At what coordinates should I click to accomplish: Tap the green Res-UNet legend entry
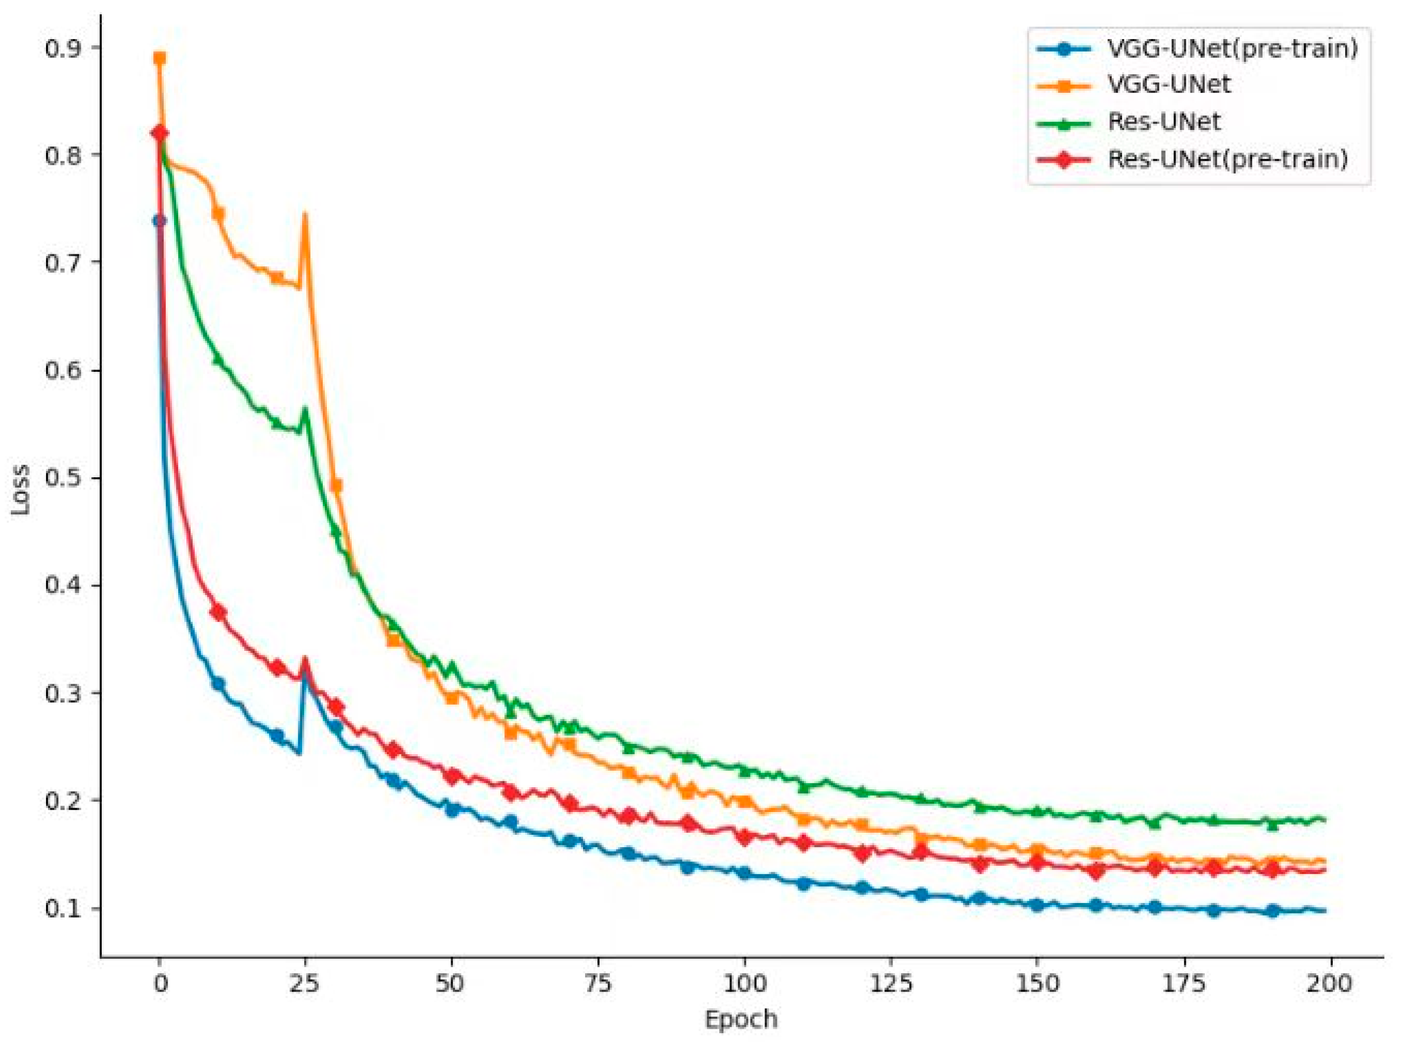click(1164, 122)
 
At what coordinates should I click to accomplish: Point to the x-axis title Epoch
click(741, 1020)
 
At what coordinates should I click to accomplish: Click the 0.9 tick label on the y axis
click(63, 48)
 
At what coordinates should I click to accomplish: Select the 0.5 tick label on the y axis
click(63, 478)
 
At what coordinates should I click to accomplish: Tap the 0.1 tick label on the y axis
click(63, 909)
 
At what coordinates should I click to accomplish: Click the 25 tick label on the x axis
click(305, 984)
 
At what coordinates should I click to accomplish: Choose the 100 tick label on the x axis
click(744, 984)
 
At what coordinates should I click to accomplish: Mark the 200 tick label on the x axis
click(1331, 984)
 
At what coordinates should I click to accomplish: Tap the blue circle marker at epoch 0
click(159, 220)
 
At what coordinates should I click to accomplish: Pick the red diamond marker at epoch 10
click(218, 612)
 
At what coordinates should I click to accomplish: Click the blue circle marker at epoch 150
click(1037, 905)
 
